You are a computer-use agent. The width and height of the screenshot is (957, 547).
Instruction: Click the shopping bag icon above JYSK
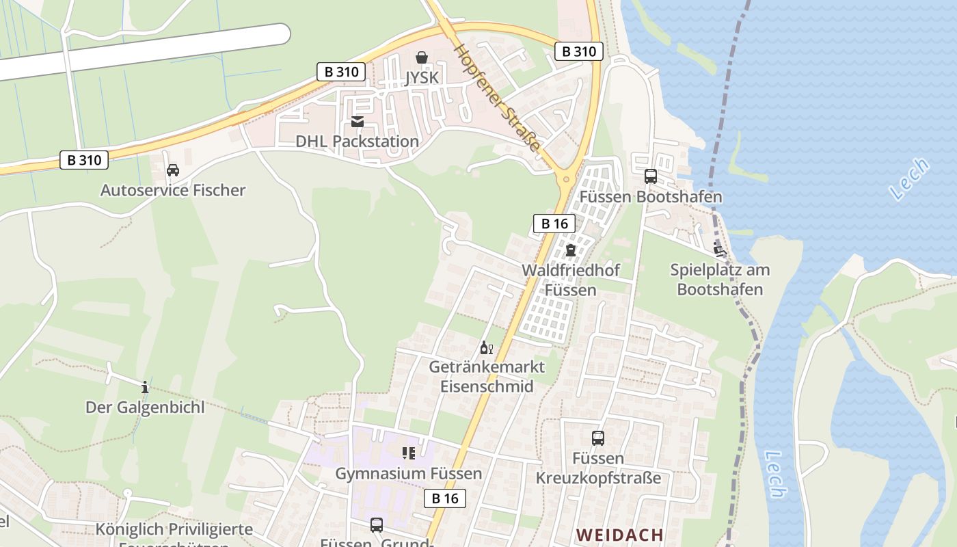pyautogui.click(x=422, y=57)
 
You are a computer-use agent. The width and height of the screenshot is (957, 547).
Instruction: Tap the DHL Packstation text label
pyautogui.click(x=357, y=142)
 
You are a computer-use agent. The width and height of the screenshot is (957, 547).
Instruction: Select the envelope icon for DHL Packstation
pyautogui.click(x=357, y=122)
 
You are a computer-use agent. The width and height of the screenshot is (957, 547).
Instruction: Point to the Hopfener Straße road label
pyautogui.click(x=498, y=98)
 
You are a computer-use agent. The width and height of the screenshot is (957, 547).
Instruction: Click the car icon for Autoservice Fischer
pyautogui.click(x=173, y=170)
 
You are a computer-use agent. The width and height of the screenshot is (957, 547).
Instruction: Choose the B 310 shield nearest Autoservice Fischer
pyautogui.click(x=84, y=161)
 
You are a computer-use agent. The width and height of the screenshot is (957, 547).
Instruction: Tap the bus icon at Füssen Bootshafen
pyautogui.click(x=650, y=176)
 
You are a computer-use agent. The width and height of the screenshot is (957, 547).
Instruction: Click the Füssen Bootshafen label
pyautogui.click(x=651, y=197)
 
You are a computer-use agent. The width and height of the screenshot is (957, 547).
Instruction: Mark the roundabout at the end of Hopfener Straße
pyautogui.click(x=565, y=179)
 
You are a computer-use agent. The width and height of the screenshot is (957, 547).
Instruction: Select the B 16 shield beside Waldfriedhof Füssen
pyautogui.click(x=554, y=223)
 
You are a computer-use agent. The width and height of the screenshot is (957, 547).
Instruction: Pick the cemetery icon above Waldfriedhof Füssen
pyautogui.click(x=570, y=250)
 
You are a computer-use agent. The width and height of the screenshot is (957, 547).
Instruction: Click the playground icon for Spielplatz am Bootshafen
pyautogui.click(x=718, y=249)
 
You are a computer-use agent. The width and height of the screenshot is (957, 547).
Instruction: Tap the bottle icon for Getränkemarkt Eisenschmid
pyautogui.click(x=486, y=347)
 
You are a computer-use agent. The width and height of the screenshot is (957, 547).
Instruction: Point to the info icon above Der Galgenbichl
pyautogui.click(x=144, y=388)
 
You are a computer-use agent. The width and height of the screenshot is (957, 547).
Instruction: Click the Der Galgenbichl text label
pyautogui.click(x=144, y=408)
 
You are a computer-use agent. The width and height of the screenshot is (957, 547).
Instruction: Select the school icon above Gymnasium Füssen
pyautogui.click(x=408, y=453)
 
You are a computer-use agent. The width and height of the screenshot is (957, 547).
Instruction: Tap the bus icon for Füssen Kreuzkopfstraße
pyautogui.click(x=598, y=438)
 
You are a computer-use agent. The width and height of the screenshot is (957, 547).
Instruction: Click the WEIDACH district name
pyautogui.click(x=619, y=535)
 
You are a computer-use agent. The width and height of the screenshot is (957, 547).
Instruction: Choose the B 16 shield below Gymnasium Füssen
pyautogui.click(x=445, y=498)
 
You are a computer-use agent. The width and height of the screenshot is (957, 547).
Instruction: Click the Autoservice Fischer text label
pyautogui.click(x=173, y=190)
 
